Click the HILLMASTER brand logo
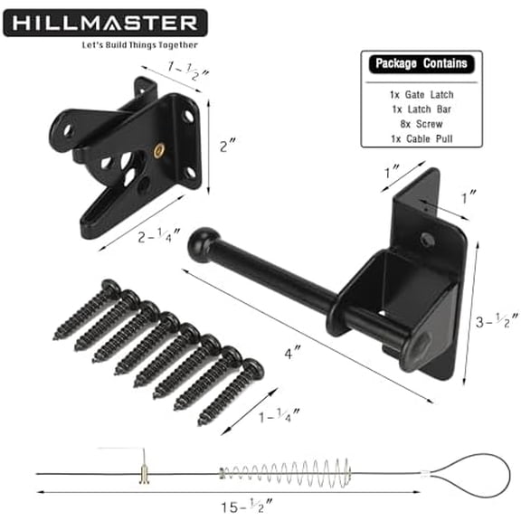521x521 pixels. (x=105, y=21)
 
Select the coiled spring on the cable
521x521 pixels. (x=280, y=471)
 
